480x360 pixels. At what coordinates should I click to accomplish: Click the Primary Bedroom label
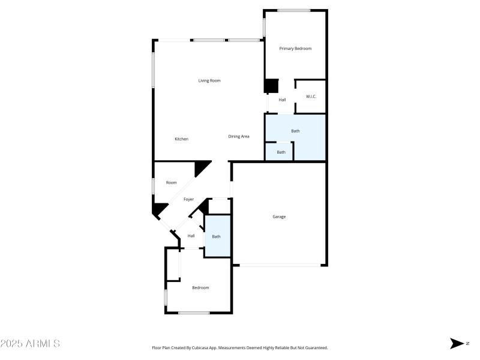tap(295, 49)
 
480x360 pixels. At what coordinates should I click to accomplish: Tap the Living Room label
tap(209, 80)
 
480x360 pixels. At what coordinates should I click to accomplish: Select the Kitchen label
tap(181, 139)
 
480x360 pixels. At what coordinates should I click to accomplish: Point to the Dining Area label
tap(239, 137)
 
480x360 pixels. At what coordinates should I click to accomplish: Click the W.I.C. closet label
tap(311, 97)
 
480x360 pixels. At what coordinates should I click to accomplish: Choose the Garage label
tap(279, 217)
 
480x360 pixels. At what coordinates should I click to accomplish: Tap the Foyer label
tap(188, 199)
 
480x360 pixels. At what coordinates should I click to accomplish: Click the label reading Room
tap(172, 182)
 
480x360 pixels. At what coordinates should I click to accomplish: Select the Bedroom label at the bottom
tap(200, 288)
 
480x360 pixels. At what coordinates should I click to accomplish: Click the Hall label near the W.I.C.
tap(282, 100)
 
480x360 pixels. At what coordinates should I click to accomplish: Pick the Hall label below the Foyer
tap(191, 236)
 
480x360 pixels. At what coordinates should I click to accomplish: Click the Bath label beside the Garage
tap(216, 236)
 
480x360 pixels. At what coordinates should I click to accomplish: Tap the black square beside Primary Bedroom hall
tap(272, 86)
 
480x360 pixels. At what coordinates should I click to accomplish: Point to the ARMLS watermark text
tap(30, 344)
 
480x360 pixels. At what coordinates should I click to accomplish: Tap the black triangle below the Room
tap(159, 211)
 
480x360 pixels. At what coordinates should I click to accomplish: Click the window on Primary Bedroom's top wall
tap(293, 10)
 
